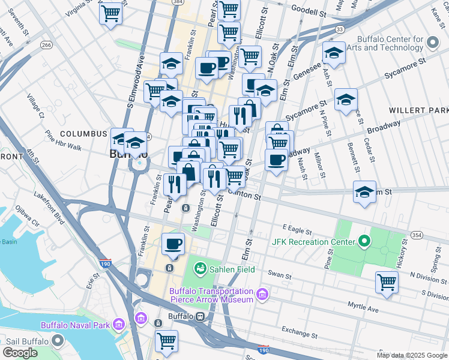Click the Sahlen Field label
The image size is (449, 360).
tap(232, 269)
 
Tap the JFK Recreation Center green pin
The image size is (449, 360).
tap(364, 242)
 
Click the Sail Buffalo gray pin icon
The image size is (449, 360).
tap(58, 340)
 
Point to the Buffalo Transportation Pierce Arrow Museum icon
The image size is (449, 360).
tap(262, 294)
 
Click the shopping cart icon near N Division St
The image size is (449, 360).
tap(387, 281)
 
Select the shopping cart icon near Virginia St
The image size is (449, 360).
tap(111, 13)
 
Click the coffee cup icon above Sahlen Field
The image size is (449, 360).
tap(173, 244)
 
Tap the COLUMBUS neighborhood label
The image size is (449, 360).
tap(83, 133)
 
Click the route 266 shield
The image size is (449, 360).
tap(46, 44)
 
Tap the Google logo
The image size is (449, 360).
tap(21, 353)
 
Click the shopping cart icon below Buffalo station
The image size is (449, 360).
tap(166, 340)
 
